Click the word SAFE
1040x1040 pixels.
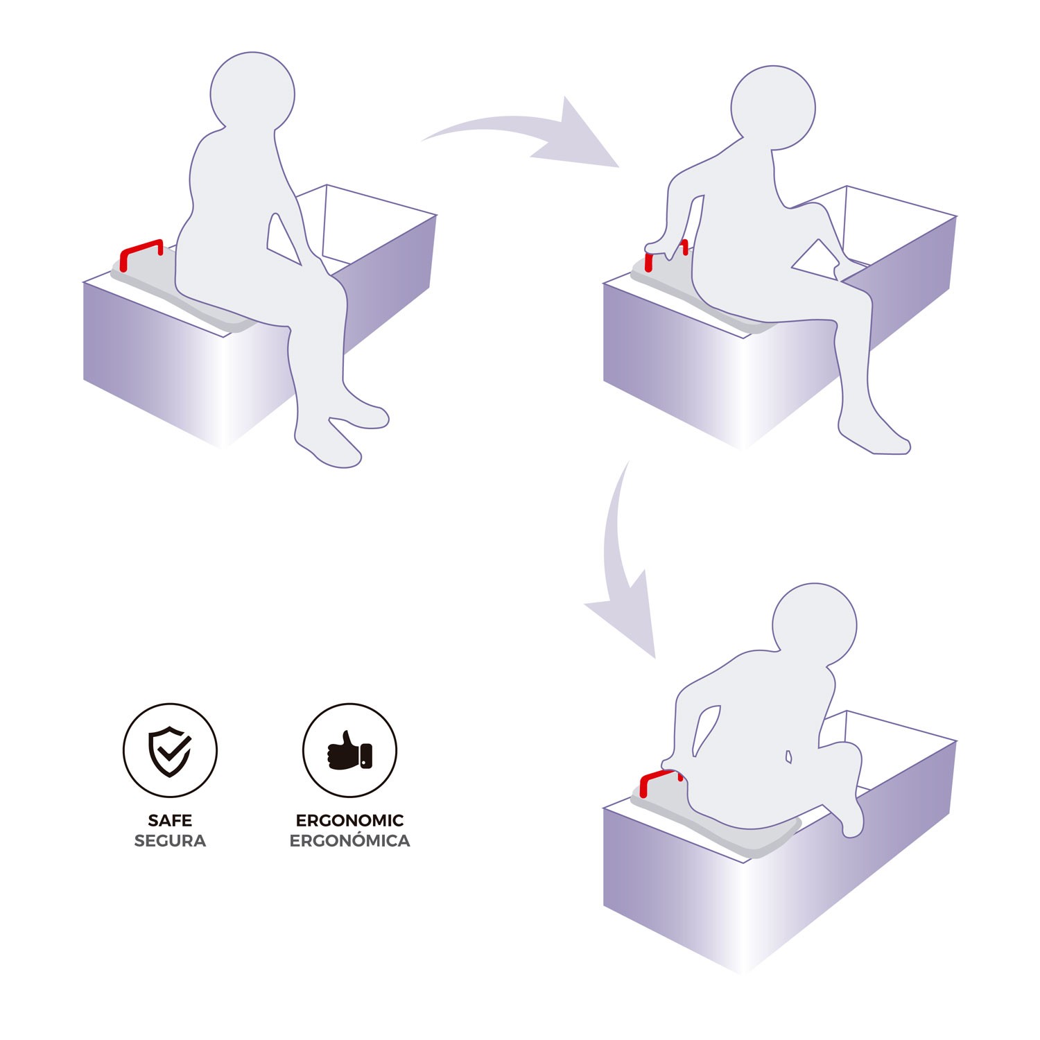click(170, 820)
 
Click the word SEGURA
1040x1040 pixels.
click(170, 841)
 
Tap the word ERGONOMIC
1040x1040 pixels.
click(349, 820)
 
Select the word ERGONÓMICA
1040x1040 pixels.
click(349, 840)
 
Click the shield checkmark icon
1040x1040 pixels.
click(170, 751)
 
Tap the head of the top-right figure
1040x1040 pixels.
click(773, 107)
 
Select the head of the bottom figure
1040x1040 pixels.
click(815, 625)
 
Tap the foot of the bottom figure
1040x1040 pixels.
click(853, 818)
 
